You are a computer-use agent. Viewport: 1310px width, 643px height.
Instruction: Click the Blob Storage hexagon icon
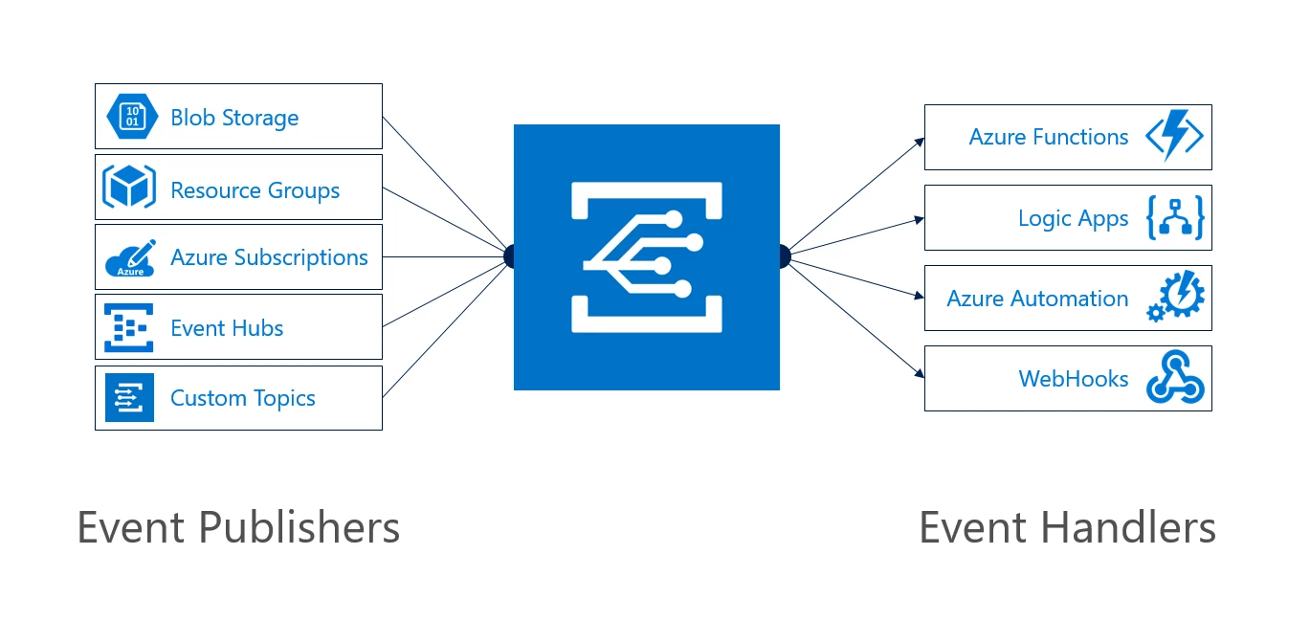click(130, 117)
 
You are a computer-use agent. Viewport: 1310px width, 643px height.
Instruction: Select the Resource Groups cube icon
click(129, 188)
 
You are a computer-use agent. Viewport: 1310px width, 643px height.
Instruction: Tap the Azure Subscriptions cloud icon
click(130, 257)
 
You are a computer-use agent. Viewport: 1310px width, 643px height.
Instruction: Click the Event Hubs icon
click(129, 328)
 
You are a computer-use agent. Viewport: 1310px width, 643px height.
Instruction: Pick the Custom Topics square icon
click(129, 398)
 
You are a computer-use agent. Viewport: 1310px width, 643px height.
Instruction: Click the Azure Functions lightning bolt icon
click(1174, 137)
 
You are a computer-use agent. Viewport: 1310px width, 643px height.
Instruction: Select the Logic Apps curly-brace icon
click(1174, 219)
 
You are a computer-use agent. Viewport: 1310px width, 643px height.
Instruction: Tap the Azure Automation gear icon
click(1175, 299)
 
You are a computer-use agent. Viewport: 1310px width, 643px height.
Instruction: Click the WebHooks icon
click(1175, 379)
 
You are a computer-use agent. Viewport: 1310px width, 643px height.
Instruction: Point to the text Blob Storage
click(234, 118)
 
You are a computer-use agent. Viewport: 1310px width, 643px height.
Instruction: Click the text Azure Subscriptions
click(269, 257)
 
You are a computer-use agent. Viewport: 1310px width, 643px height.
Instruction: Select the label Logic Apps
click(1073, 219)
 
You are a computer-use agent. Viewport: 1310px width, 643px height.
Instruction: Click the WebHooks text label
click(1073, 379)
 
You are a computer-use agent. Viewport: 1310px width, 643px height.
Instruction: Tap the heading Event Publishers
click(238, 528)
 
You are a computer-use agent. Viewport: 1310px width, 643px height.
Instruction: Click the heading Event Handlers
click(1067, 528)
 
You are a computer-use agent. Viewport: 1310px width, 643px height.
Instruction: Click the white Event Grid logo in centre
click(647, 256)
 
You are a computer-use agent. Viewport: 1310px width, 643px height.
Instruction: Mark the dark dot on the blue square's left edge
click(509, 256)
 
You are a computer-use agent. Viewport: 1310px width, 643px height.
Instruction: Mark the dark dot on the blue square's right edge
click(784, 256)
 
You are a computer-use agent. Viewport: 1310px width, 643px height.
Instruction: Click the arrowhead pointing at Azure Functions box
click(920, 142)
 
